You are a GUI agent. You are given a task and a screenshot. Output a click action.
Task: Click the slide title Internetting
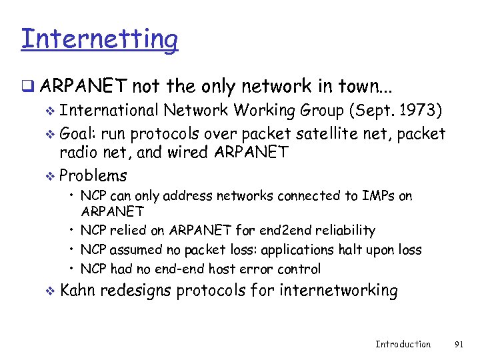99,39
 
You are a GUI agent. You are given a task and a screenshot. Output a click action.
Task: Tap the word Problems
93,176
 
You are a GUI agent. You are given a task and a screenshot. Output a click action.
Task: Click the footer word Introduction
403,344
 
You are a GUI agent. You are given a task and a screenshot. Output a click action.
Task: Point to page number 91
459,344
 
